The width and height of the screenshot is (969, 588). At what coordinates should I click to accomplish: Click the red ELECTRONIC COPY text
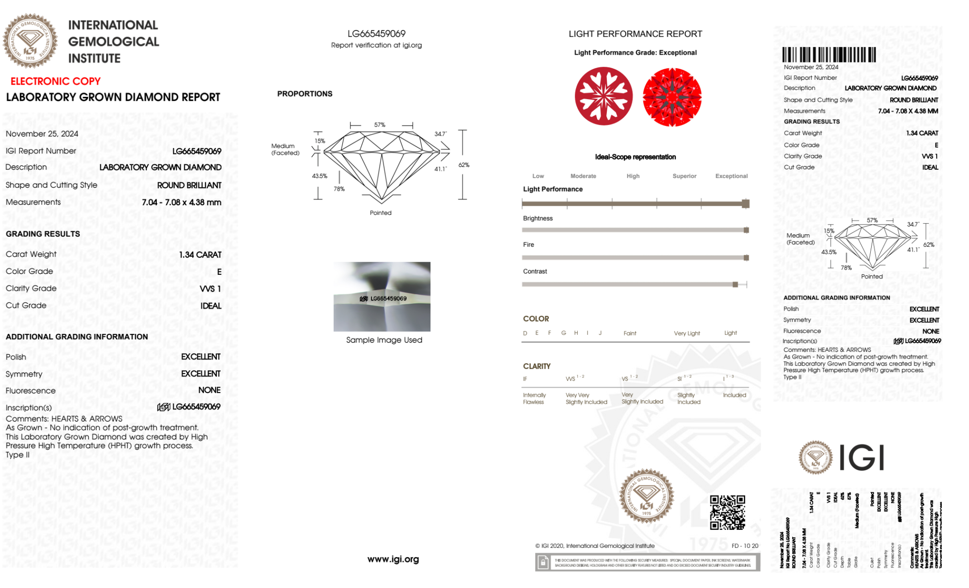pyautogui.click(x=56, y=81)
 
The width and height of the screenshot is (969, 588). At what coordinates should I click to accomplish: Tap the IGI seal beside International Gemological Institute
pyautogui.click(x=30, y=41)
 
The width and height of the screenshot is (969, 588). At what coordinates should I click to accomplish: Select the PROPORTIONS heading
pyautogui.click(x=305, y=94)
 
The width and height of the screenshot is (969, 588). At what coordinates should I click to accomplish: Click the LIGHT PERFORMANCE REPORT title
pyautogui.click(x=635, y=34)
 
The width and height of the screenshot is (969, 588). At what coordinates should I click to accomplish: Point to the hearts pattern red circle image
pyautogui.click(x=603, y=96)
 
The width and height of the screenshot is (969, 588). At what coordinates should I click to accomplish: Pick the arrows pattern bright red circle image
pyautogui.click(x=672, y=97)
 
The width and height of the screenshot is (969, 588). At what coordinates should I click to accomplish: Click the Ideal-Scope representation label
pyautogui.click(x=635, y=157)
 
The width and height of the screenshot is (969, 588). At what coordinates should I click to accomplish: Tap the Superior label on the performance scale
pyautogui.click(x=684, y=176)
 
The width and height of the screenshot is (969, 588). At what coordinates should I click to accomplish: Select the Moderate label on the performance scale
pyautogui.click(x=583, y=176)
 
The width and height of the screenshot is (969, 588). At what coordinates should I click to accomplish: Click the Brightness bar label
pyautogui.click(x=538, y=218)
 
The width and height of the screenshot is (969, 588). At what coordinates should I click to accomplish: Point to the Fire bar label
pyautogui.click(x=528, y=245)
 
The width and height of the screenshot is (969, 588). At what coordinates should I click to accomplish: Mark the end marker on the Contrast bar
pyautogui.click(x=735, y=285)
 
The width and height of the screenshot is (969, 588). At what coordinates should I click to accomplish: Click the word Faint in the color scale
pyautogui.click(x=630, y=333)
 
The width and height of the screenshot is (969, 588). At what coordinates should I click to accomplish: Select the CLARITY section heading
pyautogui.click(x=537, y=366)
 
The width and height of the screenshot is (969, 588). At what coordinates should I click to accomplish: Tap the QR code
pyautogui.click(x=727, y=513)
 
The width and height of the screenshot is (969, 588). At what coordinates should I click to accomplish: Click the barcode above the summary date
pyautogui.click(x=829, y=55)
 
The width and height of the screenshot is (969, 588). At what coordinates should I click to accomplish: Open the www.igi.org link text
pyautogui.click(x=393, y=559)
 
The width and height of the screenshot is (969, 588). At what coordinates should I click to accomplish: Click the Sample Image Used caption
pyautogui.click(x=384, y=340)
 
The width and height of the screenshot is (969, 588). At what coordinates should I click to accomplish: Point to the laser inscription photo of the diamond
pyautogui.click(x=382, y=297)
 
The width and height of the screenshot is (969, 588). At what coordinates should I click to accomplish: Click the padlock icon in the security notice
pyautogui.click(x=543, y=562)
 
